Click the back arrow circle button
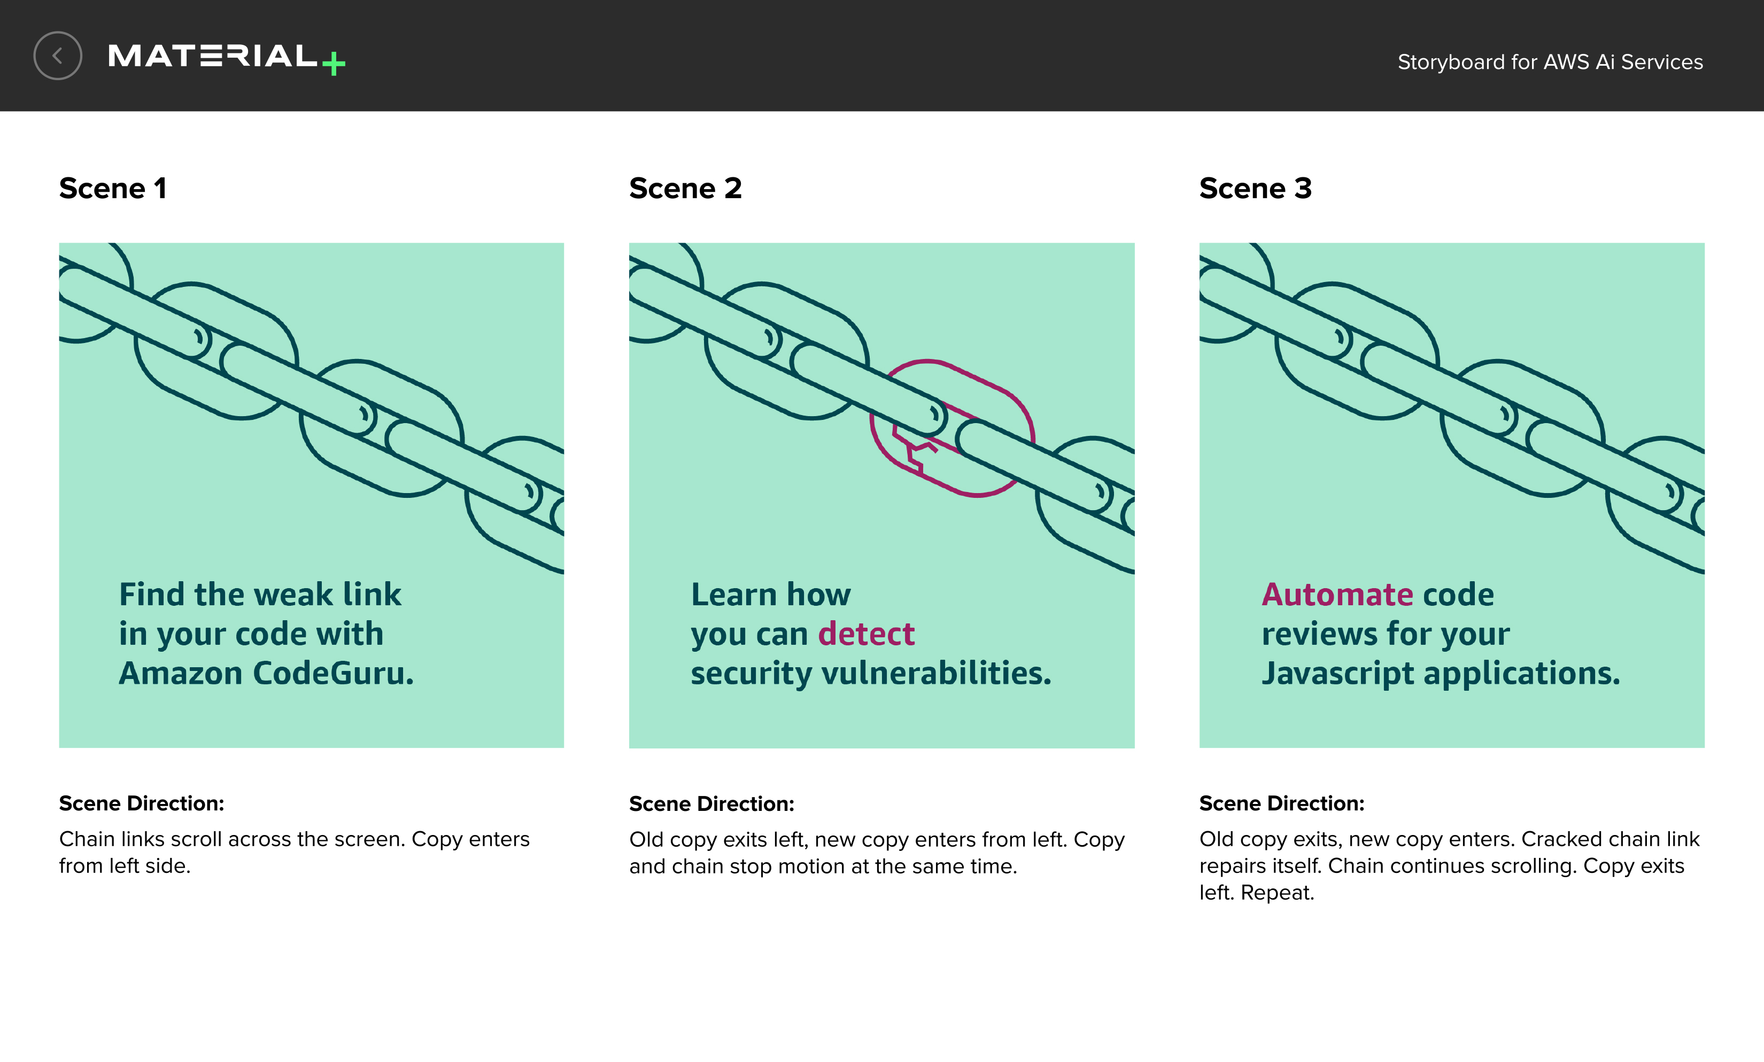click(57, 56)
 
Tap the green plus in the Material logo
click(334, 64)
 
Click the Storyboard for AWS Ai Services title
click(1550, 63)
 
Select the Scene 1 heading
click(112, 188)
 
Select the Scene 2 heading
click(685, 188)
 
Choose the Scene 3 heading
click(1256, 188)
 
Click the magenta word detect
click(866, 634)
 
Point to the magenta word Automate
click(1337, 595)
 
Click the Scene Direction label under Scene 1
click(142, 803)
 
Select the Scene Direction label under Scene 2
click(711, 805)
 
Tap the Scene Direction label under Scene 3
click(1281, 803)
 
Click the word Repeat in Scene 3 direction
click(1277, 893)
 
